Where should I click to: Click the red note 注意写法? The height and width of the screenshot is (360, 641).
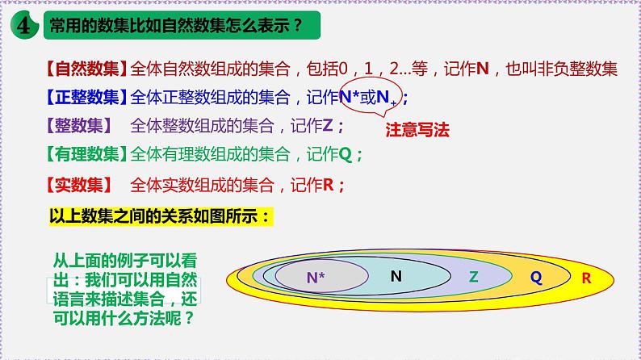(x=417, y=128)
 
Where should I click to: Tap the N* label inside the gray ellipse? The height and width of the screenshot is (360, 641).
(x=316, y=277)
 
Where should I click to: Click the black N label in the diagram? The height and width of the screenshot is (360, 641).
(x=396, y=275)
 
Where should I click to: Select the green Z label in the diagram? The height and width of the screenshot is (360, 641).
(x=474, y=276)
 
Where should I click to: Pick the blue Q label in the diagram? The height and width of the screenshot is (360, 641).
(x=535, y=276)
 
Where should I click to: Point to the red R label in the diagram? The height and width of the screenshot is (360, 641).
(x=586, y=277)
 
